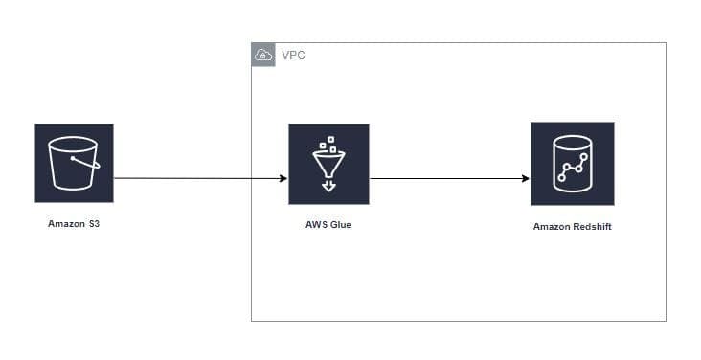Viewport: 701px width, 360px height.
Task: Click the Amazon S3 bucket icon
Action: [74, 163]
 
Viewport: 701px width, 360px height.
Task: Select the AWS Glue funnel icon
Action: [328, 164]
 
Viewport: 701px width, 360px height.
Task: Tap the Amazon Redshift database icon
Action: [572, 164]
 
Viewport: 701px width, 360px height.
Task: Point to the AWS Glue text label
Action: [328, 226]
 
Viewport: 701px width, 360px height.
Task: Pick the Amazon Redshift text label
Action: [572, 227]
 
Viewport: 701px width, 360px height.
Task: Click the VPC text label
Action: [293, 55]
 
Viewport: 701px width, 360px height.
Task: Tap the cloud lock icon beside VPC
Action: [263, 55]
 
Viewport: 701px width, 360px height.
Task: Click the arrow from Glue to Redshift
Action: [445, 178]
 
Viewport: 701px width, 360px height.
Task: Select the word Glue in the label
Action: [341, 226]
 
